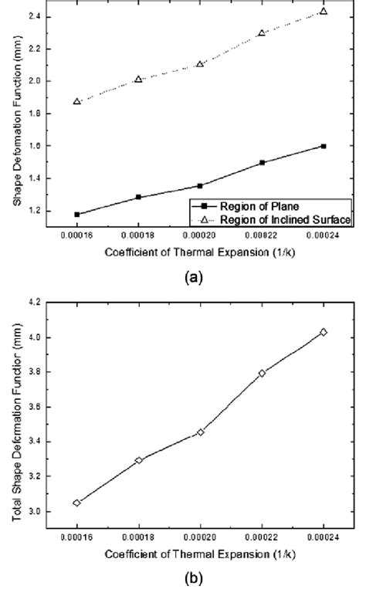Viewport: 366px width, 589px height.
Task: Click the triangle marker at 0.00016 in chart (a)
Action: [x=77, y=101]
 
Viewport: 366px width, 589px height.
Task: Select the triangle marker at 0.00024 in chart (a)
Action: [x=323, y=11]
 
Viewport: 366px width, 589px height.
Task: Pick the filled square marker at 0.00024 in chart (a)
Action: [x=323, y=146]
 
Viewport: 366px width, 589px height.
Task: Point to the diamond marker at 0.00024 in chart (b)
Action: [x=323, y=332]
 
